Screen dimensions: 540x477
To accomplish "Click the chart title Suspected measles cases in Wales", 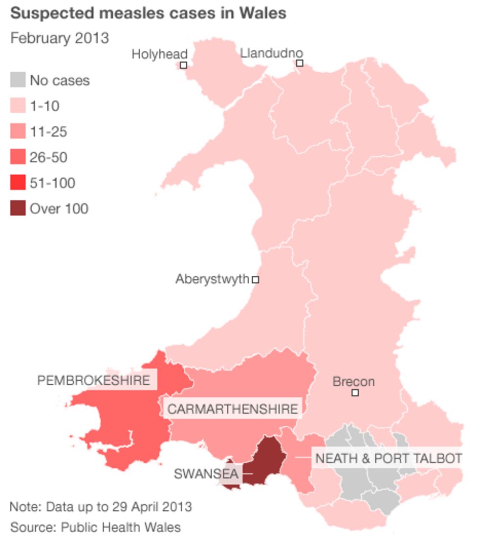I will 148,13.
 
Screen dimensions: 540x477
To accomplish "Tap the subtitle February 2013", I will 60,38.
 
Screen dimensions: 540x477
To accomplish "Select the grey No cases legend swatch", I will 18,80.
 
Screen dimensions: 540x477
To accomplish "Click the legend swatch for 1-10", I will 18,105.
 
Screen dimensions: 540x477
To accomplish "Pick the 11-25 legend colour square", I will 18,131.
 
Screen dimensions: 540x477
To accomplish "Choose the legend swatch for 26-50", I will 18,157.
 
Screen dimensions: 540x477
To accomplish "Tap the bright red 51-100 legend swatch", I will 18,183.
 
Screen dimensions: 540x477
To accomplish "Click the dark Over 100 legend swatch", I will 18,209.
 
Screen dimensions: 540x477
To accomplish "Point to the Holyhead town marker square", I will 184,65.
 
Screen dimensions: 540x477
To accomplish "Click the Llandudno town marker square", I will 300,63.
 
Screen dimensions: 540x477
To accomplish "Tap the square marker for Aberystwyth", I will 255,280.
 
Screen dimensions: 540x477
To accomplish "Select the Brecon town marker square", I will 355,393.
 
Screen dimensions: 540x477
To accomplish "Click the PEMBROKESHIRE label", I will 94,380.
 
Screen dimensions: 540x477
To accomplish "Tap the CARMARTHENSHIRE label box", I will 233,409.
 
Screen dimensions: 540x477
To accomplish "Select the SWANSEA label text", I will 206,473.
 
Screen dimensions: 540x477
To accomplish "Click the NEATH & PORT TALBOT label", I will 389,458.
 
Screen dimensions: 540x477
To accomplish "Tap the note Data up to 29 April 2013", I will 101,506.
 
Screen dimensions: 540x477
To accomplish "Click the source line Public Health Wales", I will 95,527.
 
